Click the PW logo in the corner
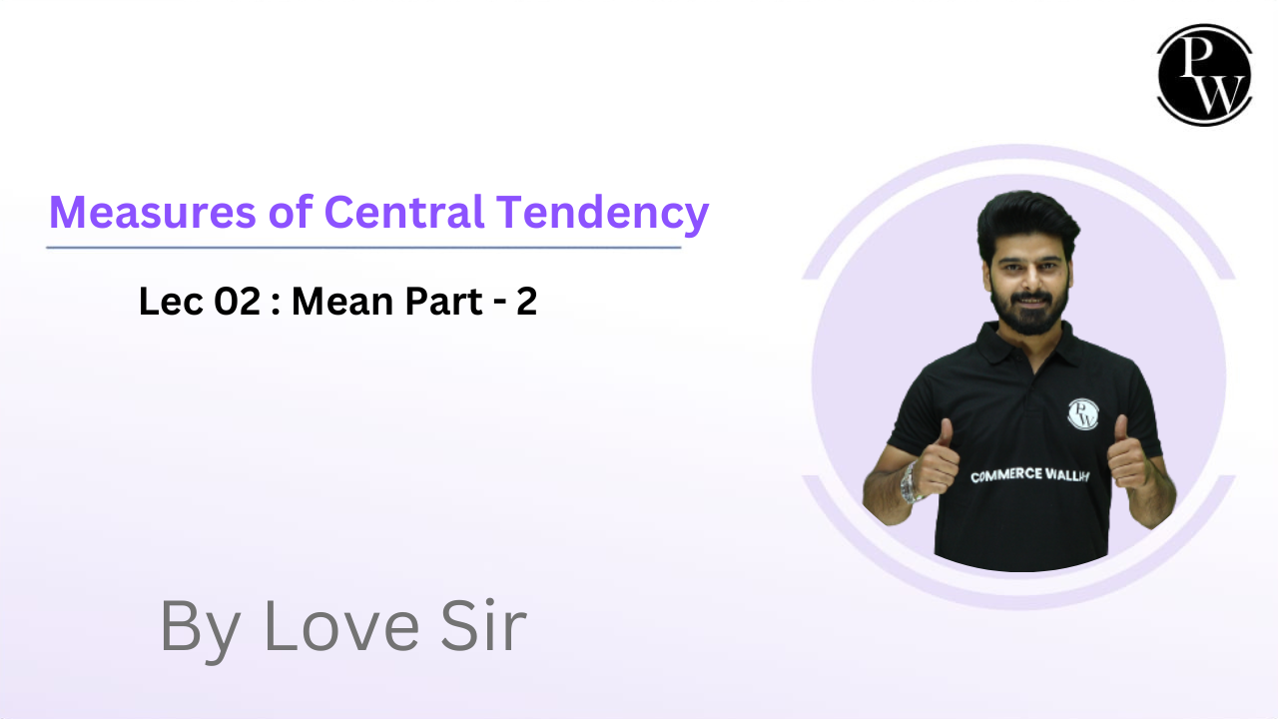click(x=1204, y=75)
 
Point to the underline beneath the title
click(x=363, y=247)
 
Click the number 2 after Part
click(x=526, y=302)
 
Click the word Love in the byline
click(x=340, y=627)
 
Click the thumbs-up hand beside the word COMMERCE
click(x=937, y=464)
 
